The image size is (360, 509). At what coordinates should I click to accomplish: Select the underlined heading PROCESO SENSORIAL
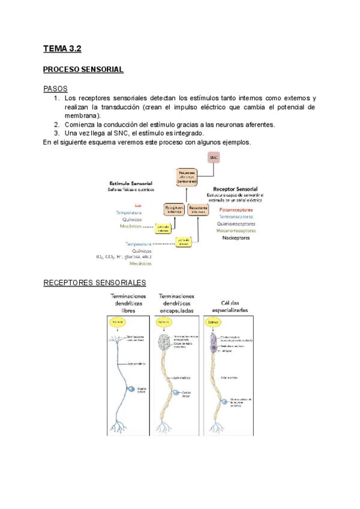(83, 70)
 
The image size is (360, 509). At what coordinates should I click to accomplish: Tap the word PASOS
(55, 88)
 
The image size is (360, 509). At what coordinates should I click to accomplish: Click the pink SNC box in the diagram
(214, 157)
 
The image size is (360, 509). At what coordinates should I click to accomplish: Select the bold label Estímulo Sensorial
(131, 182)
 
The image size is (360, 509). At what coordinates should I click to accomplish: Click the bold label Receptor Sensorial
(235, 188)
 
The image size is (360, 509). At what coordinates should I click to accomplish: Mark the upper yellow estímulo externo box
(164, 228)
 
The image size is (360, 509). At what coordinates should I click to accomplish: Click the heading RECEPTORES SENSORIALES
(95, 283)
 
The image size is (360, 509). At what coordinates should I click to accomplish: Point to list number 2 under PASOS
(56, 124)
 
